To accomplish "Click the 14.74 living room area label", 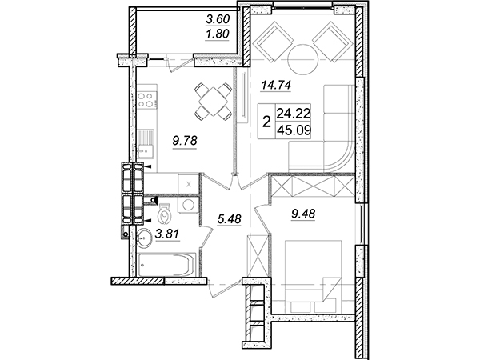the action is click(276, 85).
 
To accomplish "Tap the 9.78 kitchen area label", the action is click(185, 141).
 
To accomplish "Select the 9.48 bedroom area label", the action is click(303, 214).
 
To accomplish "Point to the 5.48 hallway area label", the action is click(230, 218).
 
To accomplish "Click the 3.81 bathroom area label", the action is click(167, 234).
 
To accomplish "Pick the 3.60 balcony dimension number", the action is click(218, 19).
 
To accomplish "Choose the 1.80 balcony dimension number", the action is click(218, 34).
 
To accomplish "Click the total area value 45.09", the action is click(294, 130).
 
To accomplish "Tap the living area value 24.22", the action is click(294, 114).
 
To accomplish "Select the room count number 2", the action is click(267, 122).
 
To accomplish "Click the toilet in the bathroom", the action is click(164, 214).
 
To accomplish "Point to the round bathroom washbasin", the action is click(143, 238).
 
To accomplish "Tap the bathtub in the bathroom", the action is click(167, 265).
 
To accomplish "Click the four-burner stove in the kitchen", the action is click(146, 100).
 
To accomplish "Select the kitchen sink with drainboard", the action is click(146, 143).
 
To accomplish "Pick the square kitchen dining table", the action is click(214, 101).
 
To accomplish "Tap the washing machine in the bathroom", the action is click(188, 204).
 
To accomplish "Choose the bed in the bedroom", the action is click(313, 277).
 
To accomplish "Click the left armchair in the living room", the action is click(274, 42).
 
